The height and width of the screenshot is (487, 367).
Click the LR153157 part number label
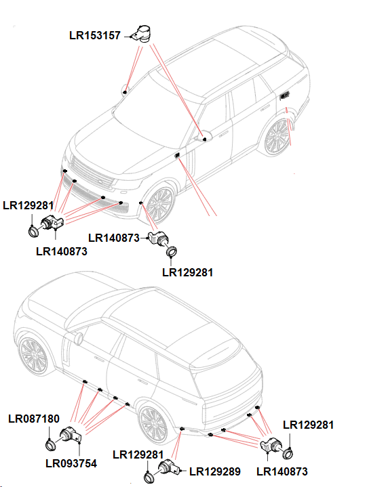pyautogui.click(x=94, y=35)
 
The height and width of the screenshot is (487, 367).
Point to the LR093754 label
pyautogui.click(x=71, y=464)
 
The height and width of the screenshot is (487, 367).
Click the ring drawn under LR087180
pyautogui.click(x=50, y=444)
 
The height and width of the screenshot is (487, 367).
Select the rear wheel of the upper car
pyautogui.click(x=277, y=139)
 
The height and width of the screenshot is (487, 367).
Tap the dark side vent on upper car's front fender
pyautogui.click(x=178, y=156)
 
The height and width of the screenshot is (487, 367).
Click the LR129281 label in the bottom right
pyautogui.click(x=309, y=425)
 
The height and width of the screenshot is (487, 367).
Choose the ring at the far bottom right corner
pyautogui.click(x=288, y=454)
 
